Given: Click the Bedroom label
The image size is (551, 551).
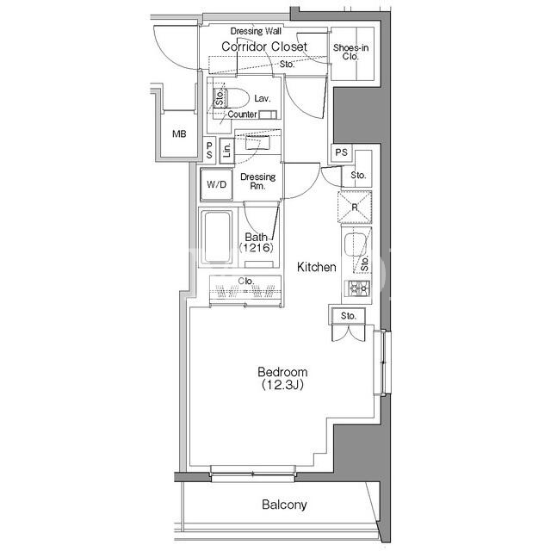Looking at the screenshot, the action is [282, 372].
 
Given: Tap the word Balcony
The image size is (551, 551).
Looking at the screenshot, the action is [284, 505].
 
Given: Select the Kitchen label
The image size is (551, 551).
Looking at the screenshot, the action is [316, 267].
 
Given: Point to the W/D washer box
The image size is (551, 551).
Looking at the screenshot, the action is [216, 184].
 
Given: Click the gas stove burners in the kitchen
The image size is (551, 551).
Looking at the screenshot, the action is [359, 289].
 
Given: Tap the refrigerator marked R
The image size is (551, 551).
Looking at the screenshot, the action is [355, 207].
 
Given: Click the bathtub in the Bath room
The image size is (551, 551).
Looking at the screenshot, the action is [217, 237].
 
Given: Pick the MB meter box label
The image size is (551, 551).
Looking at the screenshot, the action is [179, 134].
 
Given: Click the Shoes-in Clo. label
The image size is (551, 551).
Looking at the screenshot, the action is [350, 52].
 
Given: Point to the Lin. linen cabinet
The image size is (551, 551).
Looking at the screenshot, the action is [227, 151].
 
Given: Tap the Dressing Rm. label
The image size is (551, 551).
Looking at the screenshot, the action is [258, 181].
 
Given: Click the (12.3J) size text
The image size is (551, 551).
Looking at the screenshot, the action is [282, 385].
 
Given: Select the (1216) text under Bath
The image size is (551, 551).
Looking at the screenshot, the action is [256, 248].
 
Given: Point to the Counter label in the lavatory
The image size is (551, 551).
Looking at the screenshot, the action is [242, 115].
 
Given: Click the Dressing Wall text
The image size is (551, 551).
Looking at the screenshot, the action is [256, 31].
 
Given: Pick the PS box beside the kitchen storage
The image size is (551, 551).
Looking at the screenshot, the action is [341, 152].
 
